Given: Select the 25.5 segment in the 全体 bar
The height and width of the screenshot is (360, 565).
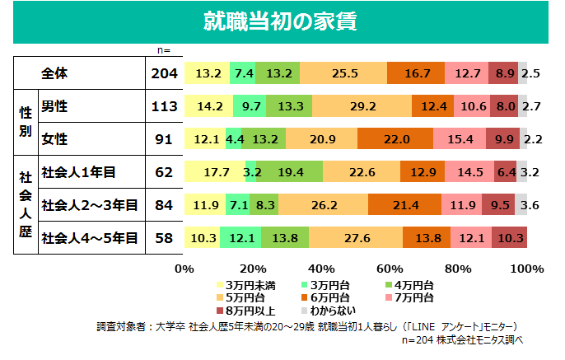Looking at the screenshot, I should (343, 73).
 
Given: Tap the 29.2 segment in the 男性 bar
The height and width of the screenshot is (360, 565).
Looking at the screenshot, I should (363, 106).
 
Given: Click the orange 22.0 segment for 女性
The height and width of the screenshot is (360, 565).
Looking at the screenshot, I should (395, 139).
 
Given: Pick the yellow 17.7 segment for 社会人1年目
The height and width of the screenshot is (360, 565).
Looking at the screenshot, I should (215, 172).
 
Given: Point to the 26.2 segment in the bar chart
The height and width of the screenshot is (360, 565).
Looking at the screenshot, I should (323, 205).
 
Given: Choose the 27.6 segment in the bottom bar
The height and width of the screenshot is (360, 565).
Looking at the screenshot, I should (356, 238).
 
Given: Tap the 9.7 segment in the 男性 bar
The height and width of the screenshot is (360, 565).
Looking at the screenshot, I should (250, 106).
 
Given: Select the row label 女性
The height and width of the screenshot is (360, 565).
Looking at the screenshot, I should (54, 139).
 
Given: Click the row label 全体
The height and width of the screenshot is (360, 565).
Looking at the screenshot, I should (54, 73).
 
